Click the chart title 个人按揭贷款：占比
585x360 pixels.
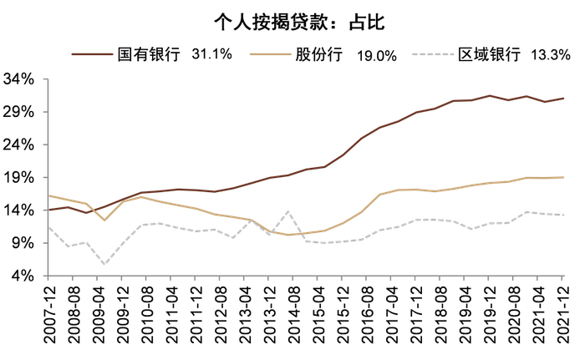click(x=292, y=18)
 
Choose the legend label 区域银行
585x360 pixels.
click(x=487, y=55)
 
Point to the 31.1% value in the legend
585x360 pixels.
click(x=212, y=55)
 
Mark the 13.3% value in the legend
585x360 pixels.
click(x=551, y=55)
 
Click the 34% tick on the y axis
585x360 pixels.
click(x=21, y=79)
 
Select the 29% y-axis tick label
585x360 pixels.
click(x=21, y=112)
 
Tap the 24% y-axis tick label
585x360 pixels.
click(x=21, y=145)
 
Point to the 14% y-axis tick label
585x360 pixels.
click(x=21, y=210)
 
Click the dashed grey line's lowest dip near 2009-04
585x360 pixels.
click(x=104, y=265)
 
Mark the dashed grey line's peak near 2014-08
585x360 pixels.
click(x=288, y=211)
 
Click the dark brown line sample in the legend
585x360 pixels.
click(x=91, y=55)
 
